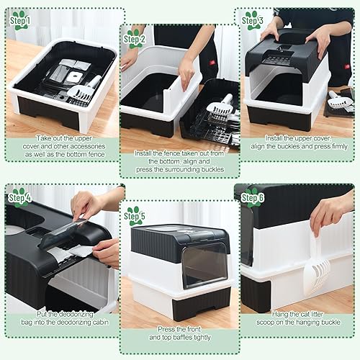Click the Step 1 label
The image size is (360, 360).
pos(21,23)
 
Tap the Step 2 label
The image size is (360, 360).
pos(135,40)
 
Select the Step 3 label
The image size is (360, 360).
pos(253,22)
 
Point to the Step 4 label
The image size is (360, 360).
pos(21,197)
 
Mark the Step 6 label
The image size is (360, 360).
pos(253,197)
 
